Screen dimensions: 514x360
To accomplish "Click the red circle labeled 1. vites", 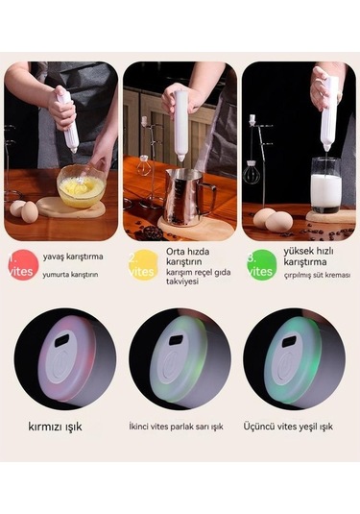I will point(21,265).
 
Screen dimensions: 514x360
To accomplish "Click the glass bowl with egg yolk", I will point(82,187).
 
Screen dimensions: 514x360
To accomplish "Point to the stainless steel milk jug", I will point(185,195).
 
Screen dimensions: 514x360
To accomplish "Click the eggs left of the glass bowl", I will point(23,208).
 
